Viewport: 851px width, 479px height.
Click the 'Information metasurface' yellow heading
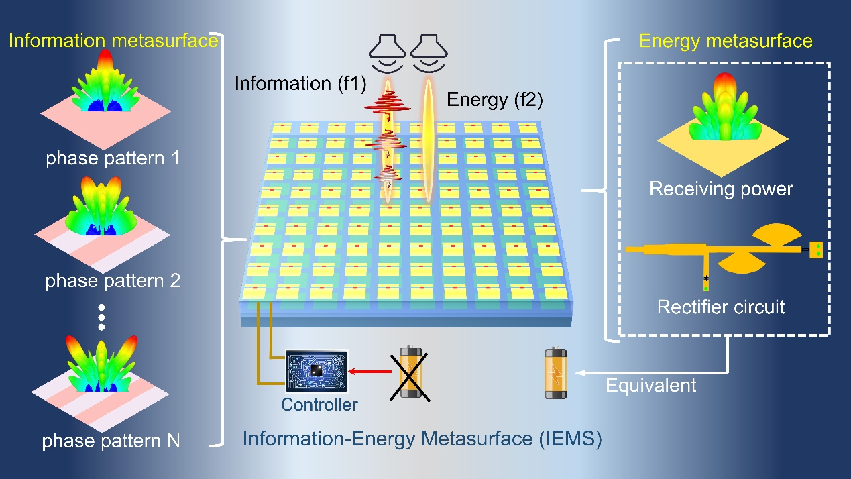click(113, 41)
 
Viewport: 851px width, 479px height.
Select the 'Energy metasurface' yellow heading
click(726, 41)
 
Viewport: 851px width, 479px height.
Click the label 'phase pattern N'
click(111, 441)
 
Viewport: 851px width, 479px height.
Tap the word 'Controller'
click(319, 405)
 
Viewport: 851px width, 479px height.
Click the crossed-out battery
click(408, 372)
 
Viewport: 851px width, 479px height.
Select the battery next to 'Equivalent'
click(556, 373)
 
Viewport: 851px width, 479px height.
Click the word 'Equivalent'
click(651, 386)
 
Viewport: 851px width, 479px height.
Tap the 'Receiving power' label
click(721, 189)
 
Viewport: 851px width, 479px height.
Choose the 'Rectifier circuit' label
click(721, 308)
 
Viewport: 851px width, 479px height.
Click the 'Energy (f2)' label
click(494, 101)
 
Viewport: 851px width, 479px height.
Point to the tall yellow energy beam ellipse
click(427, 141)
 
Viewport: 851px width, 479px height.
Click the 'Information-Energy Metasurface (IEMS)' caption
click(422, 440)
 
